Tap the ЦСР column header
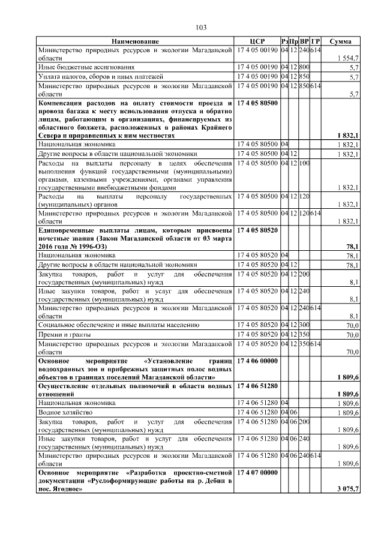(257, 41)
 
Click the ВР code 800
(304, 68)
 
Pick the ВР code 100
(304, 163)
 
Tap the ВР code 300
(304, 325)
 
